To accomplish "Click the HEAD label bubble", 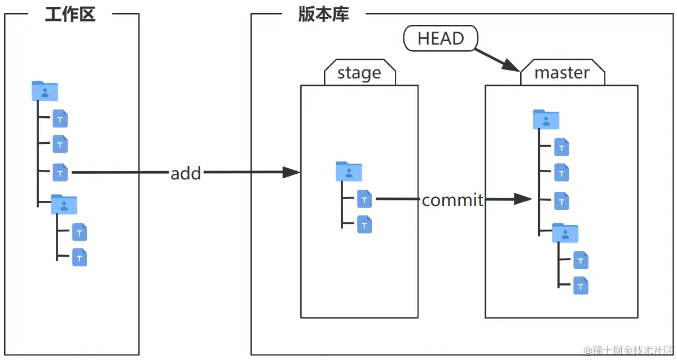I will pos(441,38).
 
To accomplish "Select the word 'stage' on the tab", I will pos(359,73).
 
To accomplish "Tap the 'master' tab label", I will pos(561,73).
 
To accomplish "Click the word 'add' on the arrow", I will pos(186,173).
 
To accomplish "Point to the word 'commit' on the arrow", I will pos(452,200).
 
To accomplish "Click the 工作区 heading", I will pos(71,14).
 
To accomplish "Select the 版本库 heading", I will pos(324,14).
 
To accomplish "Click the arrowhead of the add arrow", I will pos(291,173).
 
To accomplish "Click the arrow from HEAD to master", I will pos(496,59).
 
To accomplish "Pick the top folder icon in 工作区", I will pos(45,91).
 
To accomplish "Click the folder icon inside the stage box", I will pos(349,171).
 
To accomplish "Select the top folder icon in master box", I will pos(546,120).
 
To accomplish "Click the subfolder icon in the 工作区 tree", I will pos(64,204).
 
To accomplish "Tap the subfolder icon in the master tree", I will pos(565,232).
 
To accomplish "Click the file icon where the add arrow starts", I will pos(60,172).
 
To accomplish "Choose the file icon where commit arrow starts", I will pos(364,199).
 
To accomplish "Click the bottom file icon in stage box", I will pos(364,225).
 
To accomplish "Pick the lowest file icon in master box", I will pos(581,286).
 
